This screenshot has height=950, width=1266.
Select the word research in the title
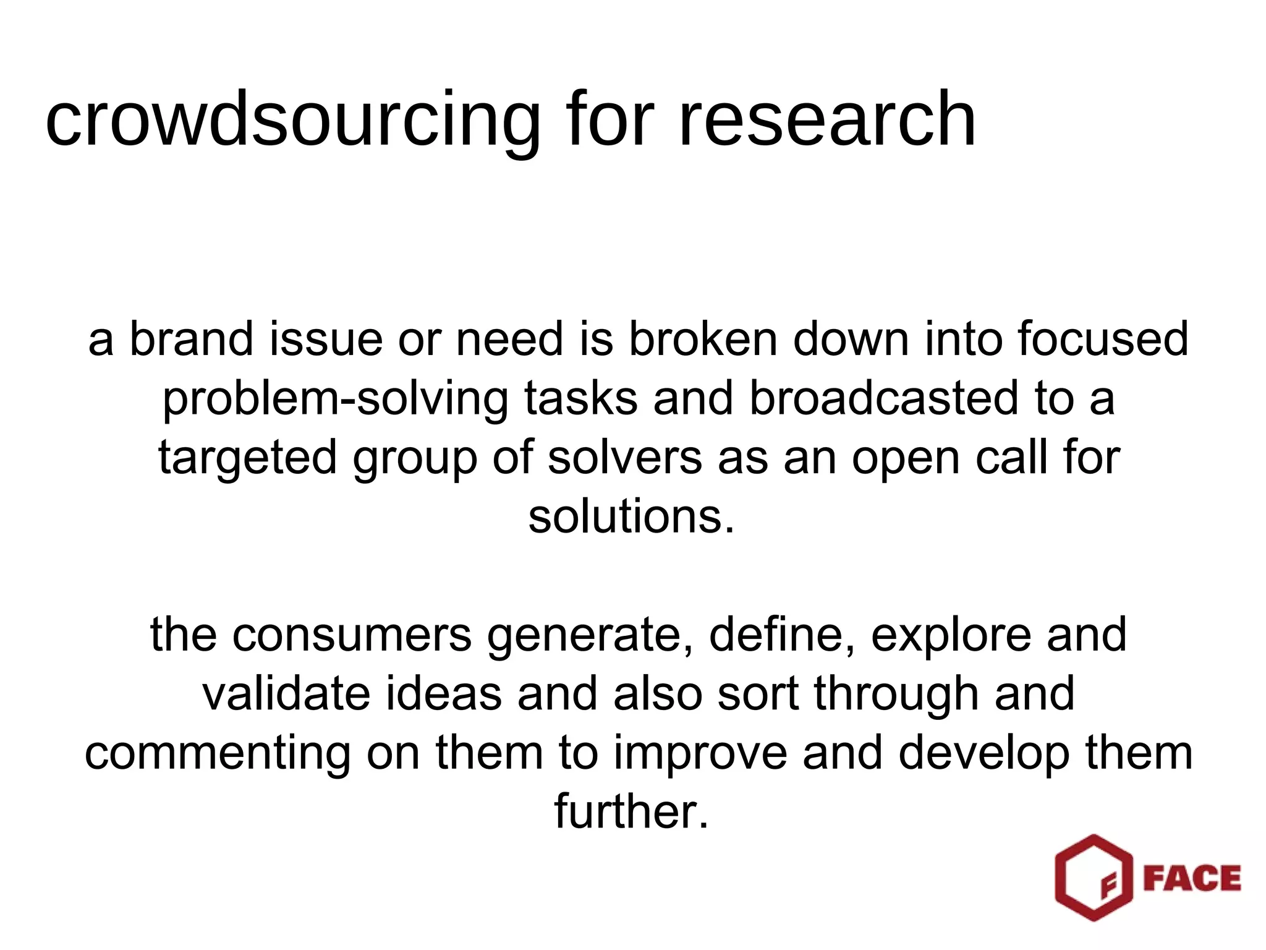click(827, 119)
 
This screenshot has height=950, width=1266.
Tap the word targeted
click(248, 458)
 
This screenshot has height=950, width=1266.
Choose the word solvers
click(624, 457)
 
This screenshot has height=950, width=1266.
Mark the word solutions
click(631, 516)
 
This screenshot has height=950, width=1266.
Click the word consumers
click(352, 635)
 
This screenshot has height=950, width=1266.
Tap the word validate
click(286, 694)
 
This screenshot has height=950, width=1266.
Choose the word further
click(631, 811)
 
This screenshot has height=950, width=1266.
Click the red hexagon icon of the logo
click(1093, 878)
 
